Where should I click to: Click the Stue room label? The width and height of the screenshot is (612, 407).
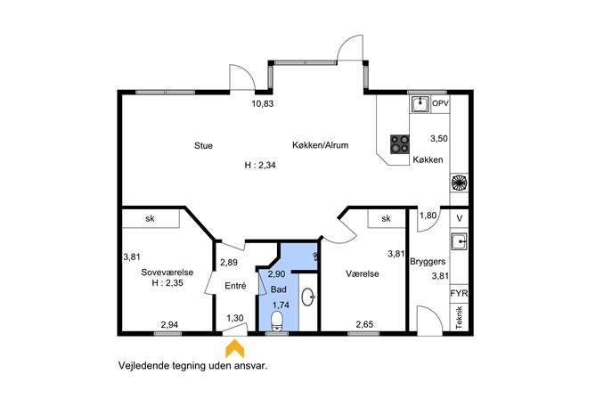point(203,145)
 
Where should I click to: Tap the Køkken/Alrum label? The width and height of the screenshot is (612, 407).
point(320,145)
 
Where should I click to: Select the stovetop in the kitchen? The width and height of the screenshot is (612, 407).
point(400,144)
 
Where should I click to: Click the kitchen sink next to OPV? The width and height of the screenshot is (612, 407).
point(420,104)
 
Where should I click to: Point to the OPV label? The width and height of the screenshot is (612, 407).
point(440,104)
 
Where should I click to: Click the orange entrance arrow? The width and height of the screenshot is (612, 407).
point(234,348)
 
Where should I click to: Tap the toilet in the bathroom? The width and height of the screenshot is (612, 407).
point(277,322)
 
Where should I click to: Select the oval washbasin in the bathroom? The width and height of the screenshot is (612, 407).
point(308,297)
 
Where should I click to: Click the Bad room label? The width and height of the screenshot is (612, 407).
point(278,289)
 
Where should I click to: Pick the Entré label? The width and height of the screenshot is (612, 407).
point(235,286)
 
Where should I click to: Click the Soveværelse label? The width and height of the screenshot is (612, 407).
point(167,273)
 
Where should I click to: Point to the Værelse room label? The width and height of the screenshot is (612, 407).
point(363,274)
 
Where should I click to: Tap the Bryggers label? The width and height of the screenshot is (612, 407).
point(428,262)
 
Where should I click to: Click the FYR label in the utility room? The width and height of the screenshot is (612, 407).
point(459,293)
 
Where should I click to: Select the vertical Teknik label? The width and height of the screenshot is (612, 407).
point(459,318)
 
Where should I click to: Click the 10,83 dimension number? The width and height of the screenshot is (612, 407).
point(263,104)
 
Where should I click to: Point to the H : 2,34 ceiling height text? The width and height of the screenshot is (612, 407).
point(260,165)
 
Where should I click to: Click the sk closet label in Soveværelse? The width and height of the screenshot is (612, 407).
point(150,218)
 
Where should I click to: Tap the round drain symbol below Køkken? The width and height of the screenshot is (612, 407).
point(459,183)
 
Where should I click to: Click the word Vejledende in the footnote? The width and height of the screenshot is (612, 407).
point(144,366)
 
